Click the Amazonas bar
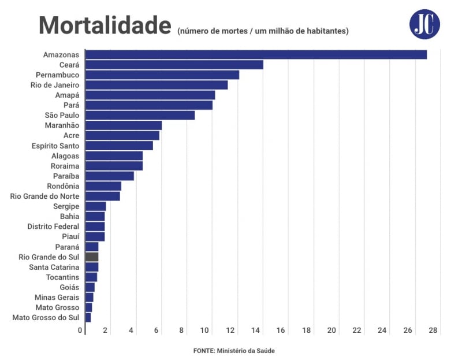(x=256, y=55)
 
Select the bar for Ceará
(x=174, y=65)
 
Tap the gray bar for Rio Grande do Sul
(x=92, y=257)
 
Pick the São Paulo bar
(x=140, y=116)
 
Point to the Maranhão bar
(x=123, y=125)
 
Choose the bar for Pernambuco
(x=162, y=75)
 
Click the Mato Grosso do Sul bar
(x=88, y=318)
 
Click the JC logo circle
(x=424, y=24)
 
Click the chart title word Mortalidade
(x=105, y=26)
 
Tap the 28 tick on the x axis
(x=434, y=331)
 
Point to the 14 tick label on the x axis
(x=256, y=331)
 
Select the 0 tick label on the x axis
(x=80, y=331)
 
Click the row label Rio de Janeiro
(x=55, y=85)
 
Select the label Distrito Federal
(x=53, y=227)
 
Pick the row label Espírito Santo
(x=55, y=146)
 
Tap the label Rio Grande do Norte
(x=45, y=196)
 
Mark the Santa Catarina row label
(x=54, y=267)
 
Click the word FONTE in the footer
(x=203, y=351)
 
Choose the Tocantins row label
(x=62, y=277)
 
